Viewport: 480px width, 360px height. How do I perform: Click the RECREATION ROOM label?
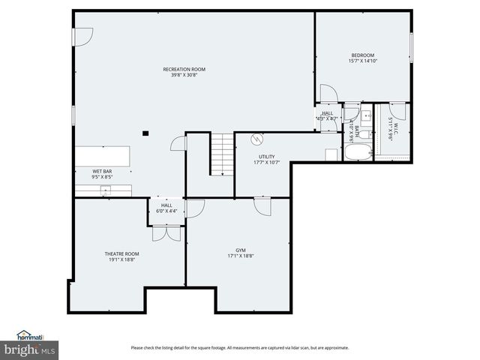pos(184,72)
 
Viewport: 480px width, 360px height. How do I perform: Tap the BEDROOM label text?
pos(362,58)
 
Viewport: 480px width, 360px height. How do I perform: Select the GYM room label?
pos(240,253)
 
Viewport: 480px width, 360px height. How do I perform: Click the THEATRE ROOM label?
pos(121,256)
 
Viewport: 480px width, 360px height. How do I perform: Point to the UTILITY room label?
pos(267,160)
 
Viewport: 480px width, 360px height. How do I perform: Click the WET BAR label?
pos(102,174)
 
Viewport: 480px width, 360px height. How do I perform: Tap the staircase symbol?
pos(220,154)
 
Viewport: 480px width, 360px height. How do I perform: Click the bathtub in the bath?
pos(358,151)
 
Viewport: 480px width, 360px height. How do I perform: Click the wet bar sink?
pos(105,190)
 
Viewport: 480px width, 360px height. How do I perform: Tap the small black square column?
pos(145,133)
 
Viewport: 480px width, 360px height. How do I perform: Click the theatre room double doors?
pos(166,233)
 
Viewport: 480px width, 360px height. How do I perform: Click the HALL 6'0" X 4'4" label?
pos(166,208)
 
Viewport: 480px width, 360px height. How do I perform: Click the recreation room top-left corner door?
pos(85,35)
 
